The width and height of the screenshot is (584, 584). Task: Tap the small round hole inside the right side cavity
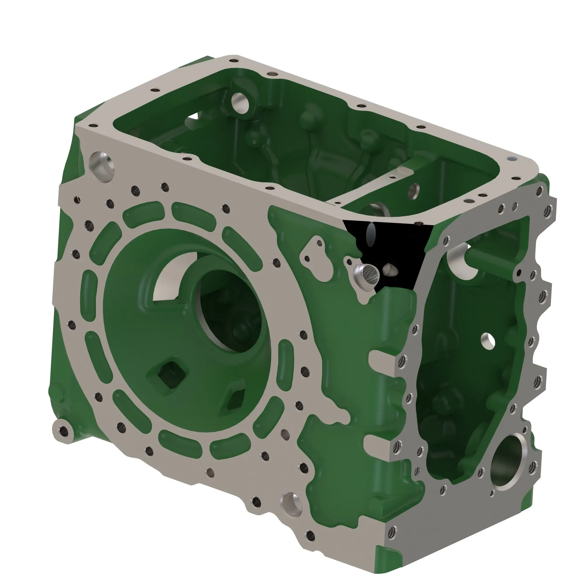coord(488,340)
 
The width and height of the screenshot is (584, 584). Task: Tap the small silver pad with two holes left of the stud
coord(314,251)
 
